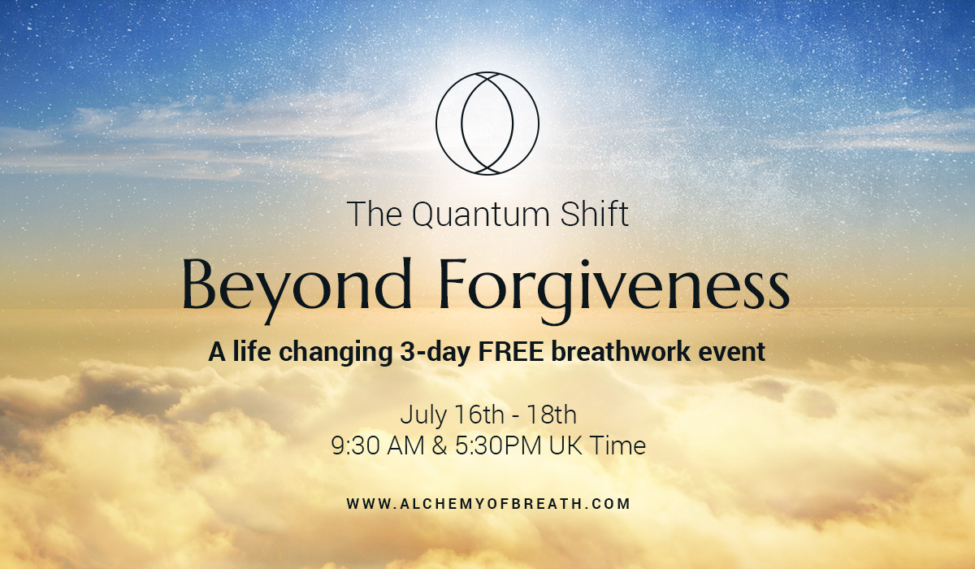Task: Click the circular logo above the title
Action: point(436,124)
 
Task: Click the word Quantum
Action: point(481,215)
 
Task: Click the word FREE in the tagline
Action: point(511,352)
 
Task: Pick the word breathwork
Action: point(621,351)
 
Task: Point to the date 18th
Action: point(552,415)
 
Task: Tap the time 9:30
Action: point(356,445)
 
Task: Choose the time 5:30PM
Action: point(498,445)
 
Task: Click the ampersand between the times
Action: point(440,445)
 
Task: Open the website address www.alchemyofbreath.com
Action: point(488,504)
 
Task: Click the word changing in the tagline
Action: point(335,353)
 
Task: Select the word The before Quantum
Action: point(375,214)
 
